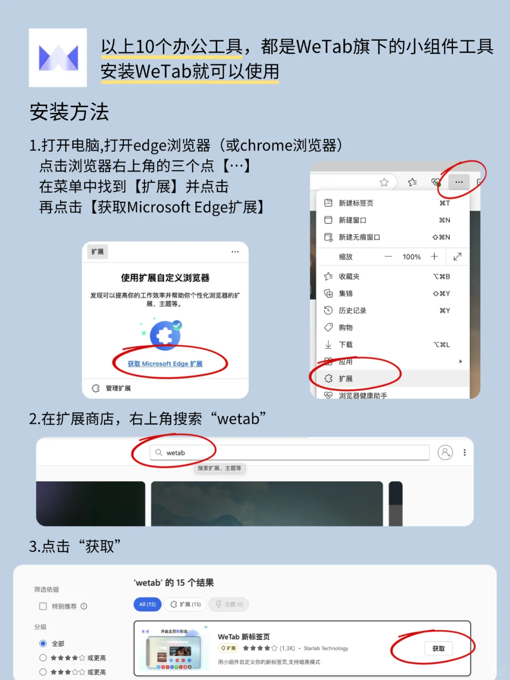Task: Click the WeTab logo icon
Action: [58, 58]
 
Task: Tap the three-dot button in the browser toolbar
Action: [459, 182]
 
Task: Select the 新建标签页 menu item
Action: [356, 203]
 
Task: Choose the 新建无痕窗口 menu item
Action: [359, 237]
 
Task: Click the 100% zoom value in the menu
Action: [411, 257]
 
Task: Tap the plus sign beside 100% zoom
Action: [434, 256]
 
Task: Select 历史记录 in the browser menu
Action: [352, 311]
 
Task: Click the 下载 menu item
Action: [346, 345]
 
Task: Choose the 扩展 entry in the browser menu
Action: [346, 379]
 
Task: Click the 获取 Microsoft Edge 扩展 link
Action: [165, 364]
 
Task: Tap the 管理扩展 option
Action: [118, 388]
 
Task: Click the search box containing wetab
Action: [289, 452]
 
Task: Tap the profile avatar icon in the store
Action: [445, 452]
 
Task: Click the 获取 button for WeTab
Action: [438, 648]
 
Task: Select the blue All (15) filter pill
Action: [147, 604]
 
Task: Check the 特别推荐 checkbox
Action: [43, 606]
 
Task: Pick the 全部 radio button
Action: [43, 644]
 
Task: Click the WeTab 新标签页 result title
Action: [244, 637]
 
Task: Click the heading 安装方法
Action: [69, 112]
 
